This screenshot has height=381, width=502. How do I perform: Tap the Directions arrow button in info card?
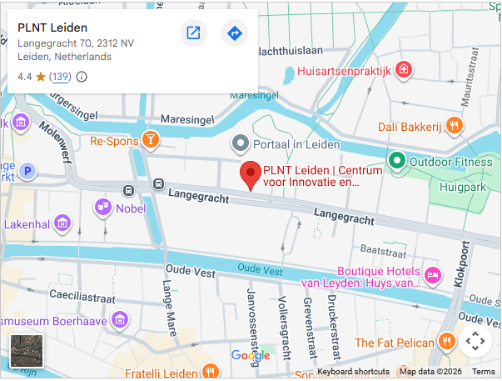pos(234,33)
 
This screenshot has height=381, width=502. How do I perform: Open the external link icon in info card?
pos(193,33)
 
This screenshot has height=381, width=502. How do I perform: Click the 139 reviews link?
pos(60,77)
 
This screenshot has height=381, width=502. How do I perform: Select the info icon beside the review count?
pos(82,77)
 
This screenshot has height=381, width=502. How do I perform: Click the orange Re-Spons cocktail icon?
pos(151,140)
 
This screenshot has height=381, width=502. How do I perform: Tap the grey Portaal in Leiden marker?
pos(241,144)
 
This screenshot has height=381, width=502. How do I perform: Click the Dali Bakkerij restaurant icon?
pos(454,126)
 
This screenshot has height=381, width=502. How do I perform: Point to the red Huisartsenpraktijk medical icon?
pos(404,70)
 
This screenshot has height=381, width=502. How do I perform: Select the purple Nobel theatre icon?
pos(103,207)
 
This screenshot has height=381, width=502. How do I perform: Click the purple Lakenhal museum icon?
pos(62,224)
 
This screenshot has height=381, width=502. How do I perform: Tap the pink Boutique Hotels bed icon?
pos(432,275)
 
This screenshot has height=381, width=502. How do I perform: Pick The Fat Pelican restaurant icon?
pos(447,342)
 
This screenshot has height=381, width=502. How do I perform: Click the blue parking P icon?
pos(27,171)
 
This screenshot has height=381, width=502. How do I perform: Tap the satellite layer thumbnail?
pos(25,350)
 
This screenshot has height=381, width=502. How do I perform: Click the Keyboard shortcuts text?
pos(353,372)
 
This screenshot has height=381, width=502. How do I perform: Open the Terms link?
pos(484,372)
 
